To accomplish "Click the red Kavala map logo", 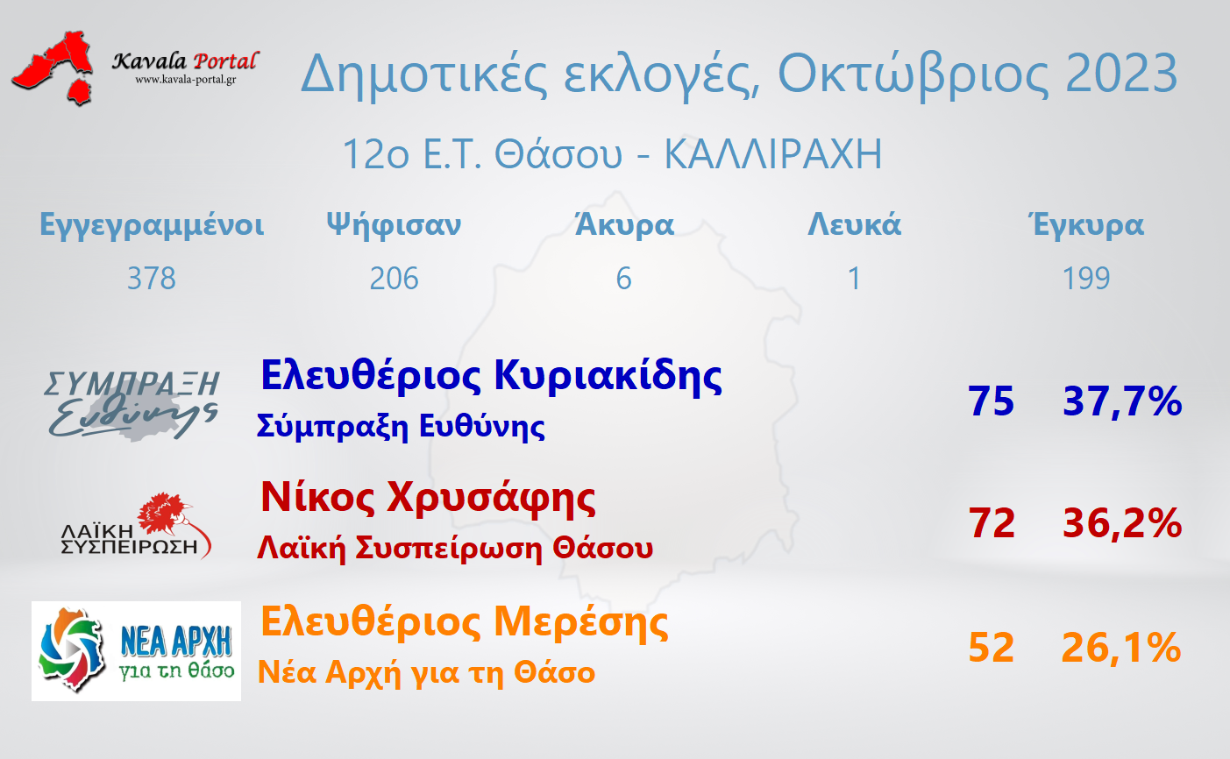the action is tap(53, 67).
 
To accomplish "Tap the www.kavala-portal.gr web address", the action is tap(186, 80).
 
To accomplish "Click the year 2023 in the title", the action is tap(1122, 74).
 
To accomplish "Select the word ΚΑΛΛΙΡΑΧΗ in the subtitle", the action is tap(773, 154).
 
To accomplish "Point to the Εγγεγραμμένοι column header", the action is tap(152, 225).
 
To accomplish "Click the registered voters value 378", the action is tap(152, 278).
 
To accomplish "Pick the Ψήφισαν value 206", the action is tap(394, 278).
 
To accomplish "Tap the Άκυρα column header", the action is tap(624, 223).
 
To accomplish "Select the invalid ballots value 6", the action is tap(624, 278).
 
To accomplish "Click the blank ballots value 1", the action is tap(854, 278).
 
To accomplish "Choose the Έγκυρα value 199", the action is tap(1086, 278).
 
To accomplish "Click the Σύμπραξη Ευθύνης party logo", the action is tap(132, 405).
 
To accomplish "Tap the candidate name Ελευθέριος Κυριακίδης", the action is tap(492, 377).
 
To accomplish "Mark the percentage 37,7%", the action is tap(1122, 401).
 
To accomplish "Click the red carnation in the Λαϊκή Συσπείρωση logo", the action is tap(164, 513).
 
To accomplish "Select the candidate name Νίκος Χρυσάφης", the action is tap(429, 499).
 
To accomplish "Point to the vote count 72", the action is tap(992, 523).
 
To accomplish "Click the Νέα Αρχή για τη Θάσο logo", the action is tap(136, 651).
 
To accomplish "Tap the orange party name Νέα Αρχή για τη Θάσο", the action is tap(427, 672).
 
